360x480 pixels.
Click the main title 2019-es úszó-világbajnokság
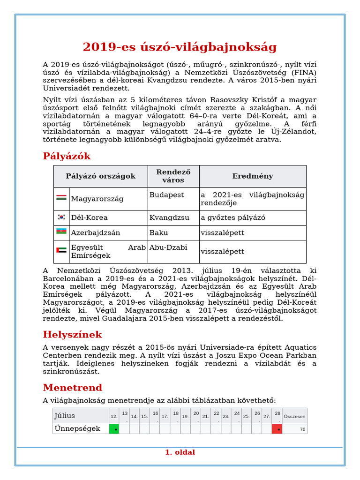[x=180, y=47]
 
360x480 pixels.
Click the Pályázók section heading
[x=67, y=156]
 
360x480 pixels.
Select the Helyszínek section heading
[x=72, y=335]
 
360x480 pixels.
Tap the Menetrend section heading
[x=72, y=388]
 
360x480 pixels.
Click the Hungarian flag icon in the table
[x=61, y=198]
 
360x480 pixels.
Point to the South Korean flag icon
[x=61, y=217]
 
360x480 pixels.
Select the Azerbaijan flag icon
[x=61, y=232]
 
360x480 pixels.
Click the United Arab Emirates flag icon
[x=61, y=250]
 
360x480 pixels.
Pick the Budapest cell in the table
[x=166, y=195]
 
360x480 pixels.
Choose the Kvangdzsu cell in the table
[x=169, y=217]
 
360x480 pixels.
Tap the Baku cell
[x=158, y=232]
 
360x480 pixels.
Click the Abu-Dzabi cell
[x=168, y=247]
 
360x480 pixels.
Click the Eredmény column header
[x=253, y=176]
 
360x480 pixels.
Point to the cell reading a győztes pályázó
[x=233, y=217]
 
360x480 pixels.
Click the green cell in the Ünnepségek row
[x=114, y=429]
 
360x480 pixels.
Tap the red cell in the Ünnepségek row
[x=277, y=429]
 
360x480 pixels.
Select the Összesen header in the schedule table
[x=295, y=416]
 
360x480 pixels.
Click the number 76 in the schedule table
[x=302, y=429]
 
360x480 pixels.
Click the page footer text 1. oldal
[x=180, y=452]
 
